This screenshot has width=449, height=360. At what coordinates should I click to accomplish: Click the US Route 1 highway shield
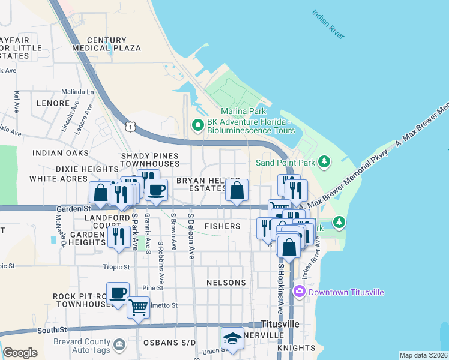(x=130, y=126)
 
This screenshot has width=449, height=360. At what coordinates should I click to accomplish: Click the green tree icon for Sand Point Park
(x=324, y=162)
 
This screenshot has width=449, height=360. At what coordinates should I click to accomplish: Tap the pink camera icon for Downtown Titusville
(x=300, y=292)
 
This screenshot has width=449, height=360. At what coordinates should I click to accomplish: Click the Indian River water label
(x=328, y=24)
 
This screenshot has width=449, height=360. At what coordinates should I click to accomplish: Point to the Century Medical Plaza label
(x=106, y=44)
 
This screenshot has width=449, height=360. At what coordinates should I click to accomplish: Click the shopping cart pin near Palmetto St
(x=139, y=308)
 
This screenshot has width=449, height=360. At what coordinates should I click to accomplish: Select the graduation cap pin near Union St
(x=232, y=338)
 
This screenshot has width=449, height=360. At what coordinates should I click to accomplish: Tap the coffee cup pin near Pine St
(x=118, y=293)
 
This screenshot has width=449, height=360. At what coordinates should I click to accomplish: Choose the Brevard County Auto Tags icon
(x=119, y=344)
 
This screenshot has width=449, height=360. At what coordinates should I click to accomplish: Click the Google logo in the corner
(x=20, y=353)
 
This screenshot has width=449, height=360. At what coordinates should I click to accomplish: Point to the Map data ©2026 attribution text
(x=423, y=355)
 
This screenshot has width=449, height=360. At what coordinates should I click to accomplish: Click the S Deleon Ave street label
(x=192, y=235)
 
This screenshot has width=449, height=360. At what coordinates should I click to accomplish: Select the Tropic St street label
(x=116, y=266)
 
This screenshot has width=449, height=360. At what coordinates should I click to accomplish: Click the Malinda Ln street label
(x=78, y=92)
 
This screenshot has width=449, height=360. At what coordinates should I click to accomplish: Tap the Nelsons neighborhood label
(x=226, y=282)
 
